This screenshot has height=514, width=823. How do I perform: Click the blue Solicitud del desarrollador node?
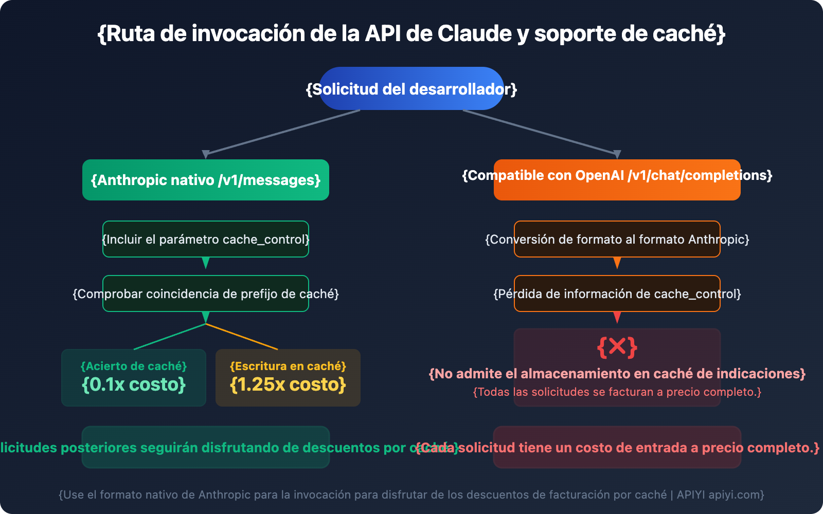pos(411,88)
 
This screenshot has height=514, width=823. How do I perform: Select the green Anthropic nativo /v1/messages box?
pos(206,180)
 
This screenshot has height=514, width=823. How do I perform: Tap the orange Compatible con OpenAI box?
pos(617,180)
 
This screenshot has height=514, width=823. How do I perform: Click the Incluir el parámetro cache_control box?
pos(206,239)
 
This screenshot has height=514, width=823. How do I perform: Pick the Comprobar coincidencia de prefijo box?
pos(206,293)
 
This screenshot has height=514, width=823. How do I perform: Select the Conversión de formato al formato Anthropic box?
pos(617,239)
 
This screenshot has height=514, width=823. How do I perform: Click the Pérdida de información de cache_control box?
pos(617,293)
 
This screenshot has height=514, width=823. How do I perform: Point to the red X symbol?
pos(617,347)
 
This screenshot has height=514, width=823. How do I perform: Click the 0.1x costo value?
pos(134,384)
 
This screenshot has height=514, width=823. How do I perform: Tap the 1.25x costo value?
pos(288,384)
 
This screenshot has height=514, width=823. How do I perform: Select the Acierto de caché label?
pos(134,366)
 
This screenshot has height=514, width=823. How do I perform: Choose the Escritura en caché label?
pos(288,366)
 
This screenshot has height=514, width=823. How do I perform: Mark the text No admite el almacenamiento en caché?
pos(617,374)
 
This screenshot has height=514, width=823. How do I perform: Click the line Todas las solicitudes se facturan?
pos(617,392)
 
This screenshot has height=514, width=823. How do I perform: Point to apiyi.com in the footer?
pos(736,494)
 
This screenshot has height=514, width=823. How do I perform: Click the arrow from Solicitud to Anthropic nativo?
pos(283,132)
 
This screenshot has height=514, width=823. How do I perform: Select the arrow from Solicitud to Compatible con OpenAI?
pos(540,132)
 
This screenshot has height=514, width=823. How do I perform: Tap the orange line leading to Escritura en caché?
pos(242,337)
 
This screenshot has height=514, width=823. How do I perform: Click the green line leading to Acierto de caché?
pos(170,337)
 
